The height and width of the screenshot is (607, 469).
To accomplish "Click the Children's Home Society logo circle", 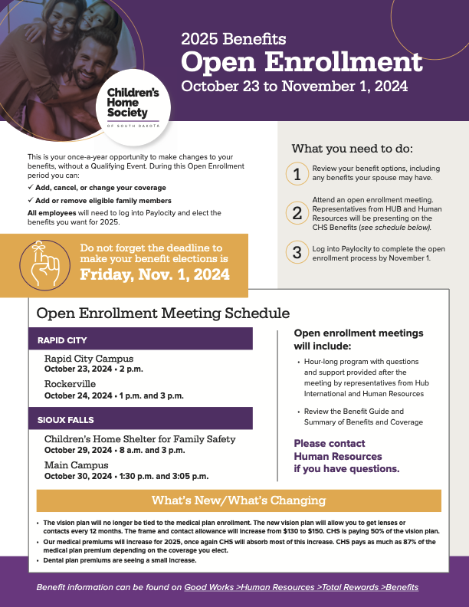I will pos(133,104).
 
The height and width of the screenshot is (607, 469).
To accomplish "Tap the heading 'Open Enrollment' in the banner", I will pos(301,62).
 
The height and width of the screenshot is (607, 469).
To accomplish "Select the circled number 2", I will pos(297,213).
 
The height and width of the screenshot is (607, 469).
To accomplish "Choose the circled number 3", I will pos(297,252).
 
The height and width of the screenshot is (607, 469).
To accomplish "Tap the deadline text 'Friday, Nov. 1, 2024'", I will pos(155,274).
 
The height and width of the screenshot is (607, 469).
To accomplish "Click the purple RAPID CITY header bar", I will pos(145,340).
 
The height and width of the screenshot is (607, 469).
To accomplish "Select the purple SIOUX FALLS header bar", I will pos(145,420).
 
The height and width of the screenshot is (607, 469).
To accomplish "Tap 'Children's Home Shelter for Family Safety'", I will pos(139,439).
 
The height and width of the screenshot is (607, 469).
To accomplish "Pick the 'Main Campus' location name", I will pos(76,464).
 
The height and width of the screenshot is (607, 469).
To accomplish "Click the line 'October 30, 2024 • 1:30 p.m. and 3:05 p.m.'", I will pos(126,476).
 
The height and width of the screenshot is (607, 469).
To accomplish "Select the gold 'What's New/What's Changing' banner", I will pos(239,501).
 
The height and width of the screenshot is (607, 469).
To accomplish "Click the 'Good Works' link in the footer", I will pos(208,587).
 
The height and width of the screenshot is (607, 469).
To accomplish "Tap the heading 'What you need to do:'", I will pos(352,148).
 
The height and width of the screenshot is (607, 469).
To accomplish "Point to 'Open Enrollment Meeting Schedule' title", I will pos(163,313).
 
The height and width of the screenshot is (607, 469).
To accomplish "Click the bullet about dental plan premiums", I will pos(120,560).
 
